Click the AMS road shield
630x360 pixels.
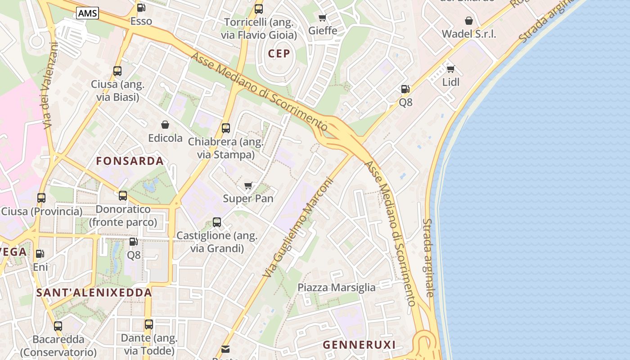tap(87, 13)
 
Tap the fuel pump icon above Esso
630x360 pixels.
tap(141, 8)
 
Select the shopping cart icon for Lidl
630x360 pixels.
tap(450, 69)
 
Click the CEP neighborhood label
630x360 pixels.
tap(279, 54)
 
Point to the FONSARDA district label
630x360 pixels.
tap(130, 161)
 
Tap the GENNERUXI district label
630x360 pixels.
tap(359, 345)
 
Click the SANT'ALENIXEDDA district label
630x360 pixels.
tap(94, 292)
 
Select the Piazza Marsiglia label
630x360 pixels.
tap(337, 288)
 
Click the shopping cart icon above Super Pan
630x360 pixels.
tap(248, 185)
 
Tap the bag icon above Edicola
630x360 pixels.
tap(165, 125)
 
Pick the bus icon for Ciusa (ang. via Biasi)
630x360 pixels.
tap(117, 71)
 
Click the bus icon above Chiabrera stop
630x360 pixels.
tap(226, 128)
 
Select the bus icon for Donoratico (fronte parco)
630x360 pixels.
tap(123, 196)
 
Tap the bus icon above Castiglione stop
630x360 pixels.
tap(217, 222)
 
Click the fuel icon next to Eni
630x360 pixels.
tap(40, 254)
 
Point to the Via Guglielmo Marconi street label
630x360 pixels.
tap(298, 227)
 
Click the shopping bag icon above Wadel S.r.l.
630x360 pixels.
tap(469, 21)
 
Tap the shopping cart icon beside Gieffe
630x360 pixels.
tap(322, 18)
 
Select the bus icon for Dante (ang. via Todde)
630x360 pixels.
tap(149, 324)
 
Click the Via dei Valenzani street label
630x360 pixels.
tap(50, 85)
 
